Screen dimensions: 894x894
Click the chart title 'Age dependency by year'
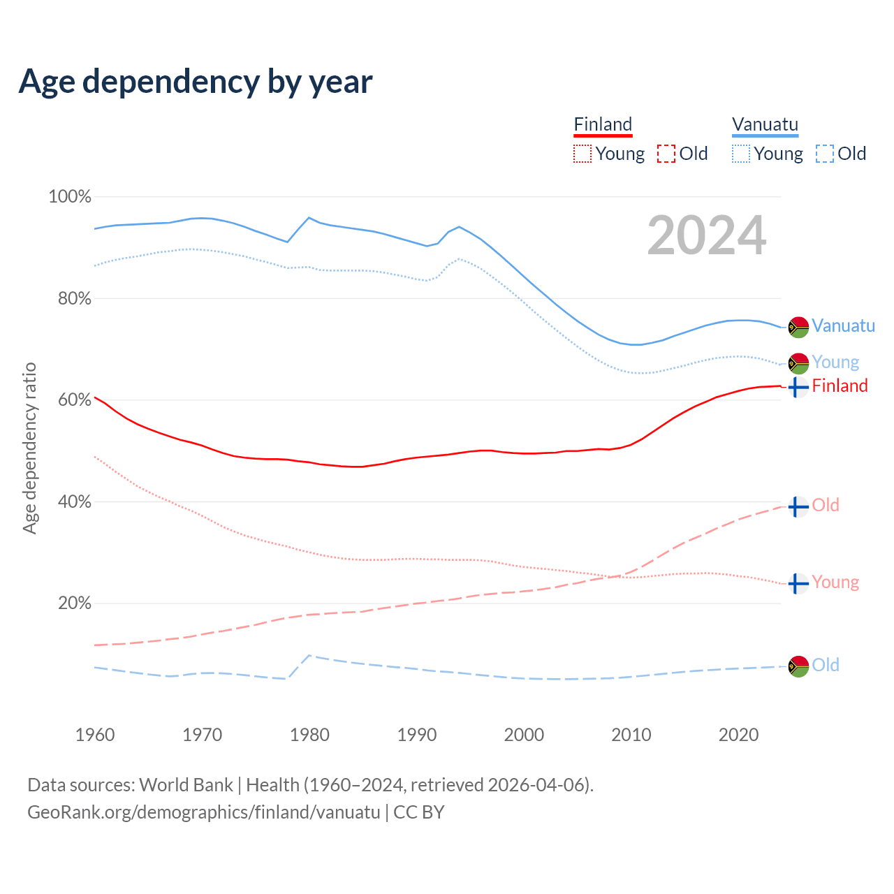tap(196, 82)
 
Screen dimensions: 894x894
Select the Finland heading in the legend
tap(603, 125)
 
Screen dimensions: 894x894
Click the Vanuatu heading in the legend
tap(765, 125)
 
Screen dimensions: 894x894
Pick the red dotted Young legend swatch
tap(582, 154)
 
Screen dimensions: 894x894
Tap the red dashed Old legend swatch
tap(666, 154)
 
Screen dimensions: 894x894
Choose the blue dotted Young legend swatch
tap(740, 154)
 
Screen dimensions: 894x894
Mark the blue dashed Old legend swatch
tap(824, 154)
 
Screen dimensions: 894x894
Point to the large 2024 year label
tap(707, 235)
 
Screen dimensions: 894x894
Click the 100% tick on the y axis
tap(70, 197)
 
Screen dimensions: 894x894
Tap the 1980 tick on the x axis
tap(309, 735)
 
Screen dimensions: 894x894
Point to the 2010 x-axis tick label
tap(631, 735)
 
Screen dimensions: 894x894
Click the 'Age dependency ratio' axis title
tap(29, 448)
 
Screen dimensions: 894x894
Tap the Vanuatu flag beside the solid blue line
tap(798, 327)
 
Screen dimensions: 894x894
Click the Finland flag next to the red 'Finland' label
tap(798, 386)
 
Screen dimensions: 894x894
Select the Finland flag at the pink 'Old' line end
tap(798, 506)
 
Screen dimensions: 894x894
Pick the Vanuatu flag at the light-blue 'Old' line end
tap(798, 666)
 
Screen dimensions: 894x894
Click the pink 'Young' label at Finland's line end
tap(835, 582)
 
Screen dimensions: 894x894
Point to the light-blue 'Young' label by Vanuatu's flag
tap(835, 362)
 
